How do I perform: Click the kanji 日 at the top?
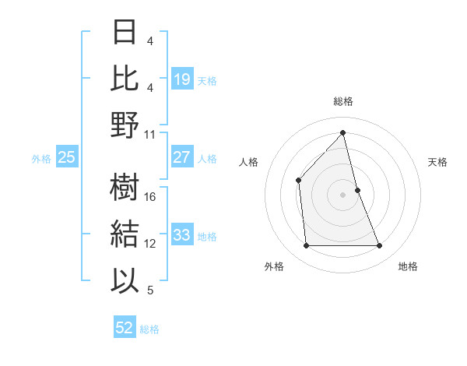click(125, 32)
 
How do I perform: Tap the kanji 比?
click(125, 79)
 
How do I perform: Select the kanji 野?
click(125, 125)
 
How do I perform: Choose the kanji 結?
click(125, 234)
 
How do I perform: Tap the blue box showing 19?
click(181, 79)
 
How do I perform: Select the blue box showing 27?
click(181, 157)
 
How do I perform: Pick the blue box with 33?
click(181, 234)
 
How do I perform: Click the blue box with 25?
click(66, 157)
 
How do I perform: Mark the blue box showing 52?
click(125, 328)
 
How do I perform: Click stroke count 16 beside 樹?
click(151, 197)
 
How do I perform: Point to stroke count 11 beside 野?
click(150, 135)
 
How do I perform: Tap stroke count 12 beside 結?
click(151, 244)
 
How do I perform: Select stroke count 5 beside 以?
click(150, 290)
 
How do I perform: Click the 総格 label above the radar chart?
click(342, 102)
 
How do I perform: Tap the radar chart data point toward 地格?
click(380, 246)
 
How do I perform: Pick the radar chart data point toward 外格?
click(306, 246)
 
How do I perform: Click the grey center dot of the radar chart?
click(342, 195)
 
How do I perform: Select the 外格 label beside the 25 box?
click(41, 158)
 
